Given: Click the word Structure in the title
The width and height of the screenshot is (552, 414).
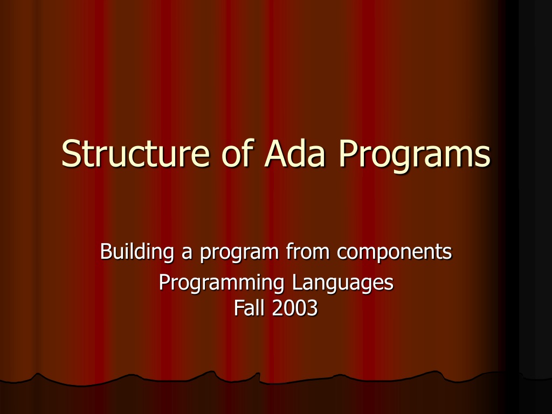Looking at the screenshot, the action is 135,153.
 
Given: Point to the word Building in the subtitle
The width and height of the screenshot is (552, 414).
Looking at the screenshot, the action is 137,252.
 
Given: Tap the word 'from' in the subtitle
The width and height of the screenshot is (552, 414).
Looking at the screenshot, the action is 308,251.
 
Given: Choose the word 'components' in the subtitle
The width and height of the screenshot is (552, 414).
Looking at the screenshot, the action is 394,253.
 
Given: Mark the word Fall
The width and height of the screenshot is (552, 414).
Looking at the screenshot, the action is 249,307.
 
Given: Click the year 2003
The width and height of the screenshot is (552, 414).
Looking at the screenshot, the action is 295,308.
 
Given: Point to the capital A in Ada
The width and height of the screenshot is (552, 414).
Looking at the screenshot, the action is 277,153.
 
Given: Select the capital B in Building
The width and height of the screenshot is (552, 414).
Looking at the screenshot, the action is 106,251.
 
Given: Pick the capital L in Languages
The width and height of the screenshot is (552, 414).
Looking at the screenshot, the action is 297,282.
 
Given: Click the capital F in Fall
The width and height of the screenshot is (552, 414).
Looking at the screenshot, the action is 239,308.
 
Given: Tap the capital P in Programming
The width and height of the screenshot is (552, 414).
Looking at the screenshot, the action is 165,282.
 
